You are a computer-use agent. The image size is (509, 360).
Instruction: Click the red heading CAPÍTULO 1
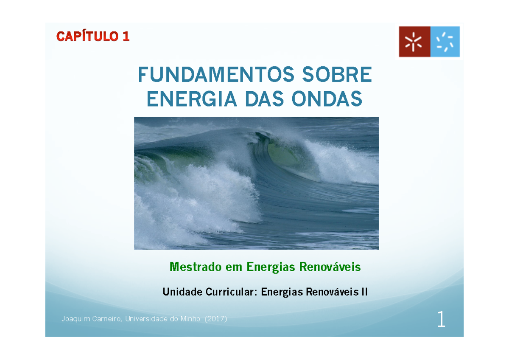pos(93,37)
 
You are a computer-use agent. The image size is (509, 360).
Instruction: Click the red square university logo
pos(414,42)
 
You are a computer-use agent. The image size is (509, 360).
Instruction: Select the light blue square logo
pos(445,42)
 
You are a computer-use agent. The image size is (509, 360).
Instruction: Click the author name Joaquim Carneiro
pos(89,319)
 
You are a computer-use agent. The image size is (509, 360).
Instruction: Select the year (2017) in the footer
pos(216,319)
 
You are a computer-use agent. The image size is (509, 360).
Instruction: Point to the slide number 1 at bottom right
pos(441,320)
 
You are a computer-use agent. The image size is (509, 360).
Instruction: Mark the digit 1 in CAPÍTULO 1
pos(126,37)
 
